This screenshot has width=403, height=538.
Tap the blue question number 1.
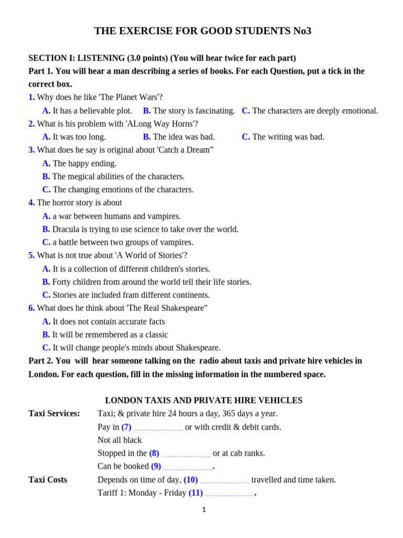pyautogui.click(x=31, y=97)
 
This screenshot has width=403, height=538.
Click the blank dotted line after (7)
pyautogui.click(x=158, y=429)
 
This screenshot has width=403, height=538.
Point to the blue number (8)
pyautogui.click(x=154, y=453)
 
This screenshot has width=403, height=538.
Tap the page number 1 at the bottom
pyautogui.click(x=204, y=510)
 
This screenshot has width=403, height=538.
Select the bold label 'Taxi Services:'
pyautogui.click(x=54, y=413)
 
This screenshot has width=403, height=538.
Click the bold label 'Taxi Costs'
pyautogui.click(x=48, y=480)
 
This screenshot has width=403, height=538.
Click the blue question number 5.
pyautogui.click(x=31, y=255)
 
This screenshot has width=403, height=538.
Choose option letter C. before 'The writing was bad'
pyautogui.click(x=246, y=137)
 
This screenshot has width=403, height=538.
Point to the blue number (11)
pyautogui.click(x=196, y=493)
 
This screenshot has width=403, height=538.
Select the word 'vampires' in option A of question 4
pyautogui.click(x=165, y=216)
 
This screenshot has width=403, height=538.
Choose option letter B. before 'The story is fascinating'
pyautogui.click(x=147, y=110)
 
